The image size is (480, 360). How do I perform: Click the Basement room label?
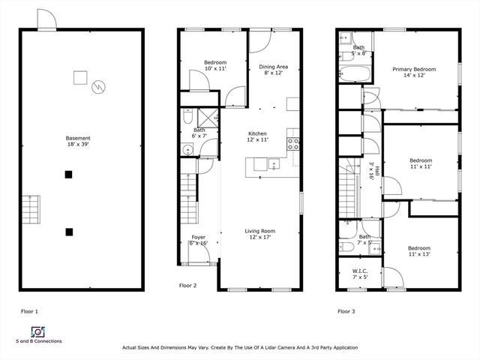(78, 141)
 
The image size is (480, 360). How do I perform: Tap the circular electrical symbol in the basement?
(98, 87)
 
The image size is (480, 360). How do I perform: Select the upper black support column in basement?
(68, 175)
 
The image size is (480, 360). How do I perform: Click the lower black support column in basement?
(69, 232)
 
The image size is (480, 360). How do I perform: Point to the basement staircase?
(31, 209)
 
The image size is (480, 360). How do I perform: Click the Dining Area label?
(273, 70)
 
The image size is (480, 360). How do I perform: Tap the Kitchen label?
(257, 136)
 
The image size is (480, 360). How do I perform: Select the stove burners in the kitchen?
(292, 144)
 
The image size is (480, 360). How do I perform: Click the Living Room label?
(260, 234)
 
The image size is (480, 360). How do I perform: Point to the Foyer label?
(198, 240)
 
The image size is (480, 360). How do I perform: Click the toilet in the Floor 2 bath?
(187, 116)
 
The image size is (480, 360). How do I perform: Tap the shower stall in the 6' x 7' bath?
(208, 118)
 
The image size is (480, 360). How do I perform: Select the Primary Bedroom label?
(414, 72)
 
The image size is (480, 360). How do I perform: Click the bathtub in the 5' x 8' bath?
(355, 73)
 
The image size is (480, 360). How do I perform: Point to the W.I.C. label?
(360, 274)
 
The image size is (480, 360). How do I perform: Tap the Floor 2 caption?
(187, 286)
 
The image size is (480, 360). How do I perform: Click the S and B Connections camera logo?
(38, 331)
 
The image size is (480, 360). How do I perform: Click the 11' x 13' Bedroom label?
(419, 251)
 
